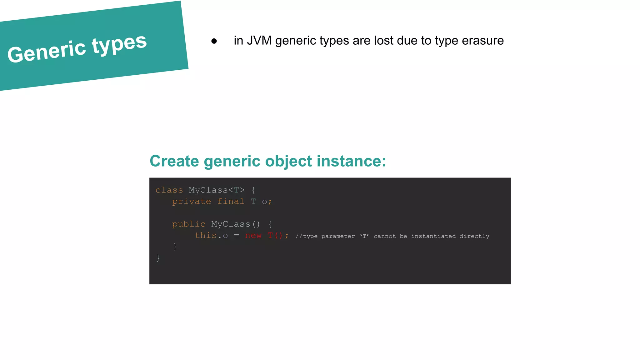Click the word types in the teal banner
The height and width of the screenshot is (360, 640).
[119, 44]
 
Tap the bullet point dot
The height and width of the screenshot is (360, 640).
[214, 41]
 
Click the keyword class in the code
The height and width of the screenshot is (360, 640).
[169, 190]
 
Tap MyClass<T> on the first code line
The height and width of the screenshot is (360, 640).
[217, 190]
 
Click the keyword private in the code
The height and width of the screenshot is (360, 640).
[192, 202]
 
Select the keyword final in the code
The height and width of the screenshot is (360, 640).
[231, 202]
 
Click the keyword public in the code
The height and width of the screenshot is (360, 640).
[189, 224]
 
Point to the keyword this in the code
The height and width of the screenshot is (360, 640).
[206, 235]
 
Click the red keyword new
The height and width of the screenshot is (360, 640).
[253, 235]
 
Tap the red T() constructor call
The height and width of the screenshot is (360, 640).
[275, 235]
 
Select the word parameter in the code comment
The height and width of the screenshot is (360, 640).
[338, 236]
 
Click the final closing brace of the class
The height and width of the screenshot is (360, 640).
[158, 258]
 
